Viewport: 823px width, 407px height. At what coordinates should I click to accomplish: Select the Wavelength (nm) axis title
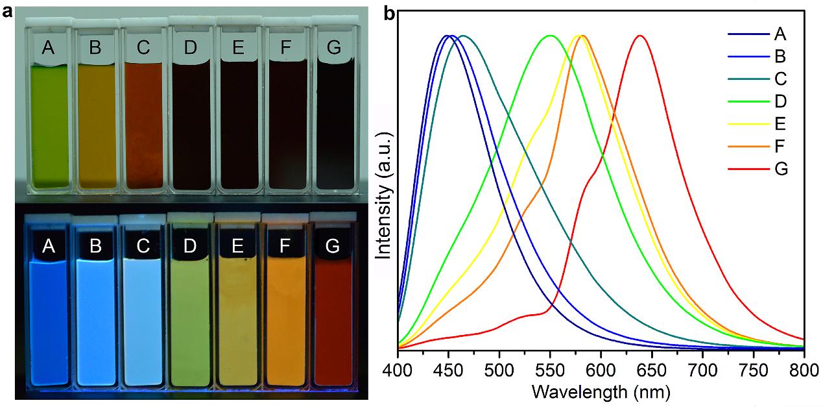(600, 391)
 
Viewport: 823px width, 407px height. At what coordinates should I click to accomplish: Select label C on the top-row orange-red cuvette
(142, 47)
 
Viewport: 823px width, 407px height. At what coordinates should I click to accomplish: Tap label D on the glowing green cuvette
(190, 246)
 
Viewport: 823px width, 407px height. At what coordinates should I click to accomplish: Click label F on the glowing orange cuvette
(284, 246)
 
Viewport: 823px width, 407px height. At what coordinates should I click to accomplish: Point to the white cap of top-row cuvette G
(335, 22)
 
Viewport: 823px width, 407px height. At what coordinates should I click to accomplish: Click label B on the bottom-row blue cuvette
(95, 246)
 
